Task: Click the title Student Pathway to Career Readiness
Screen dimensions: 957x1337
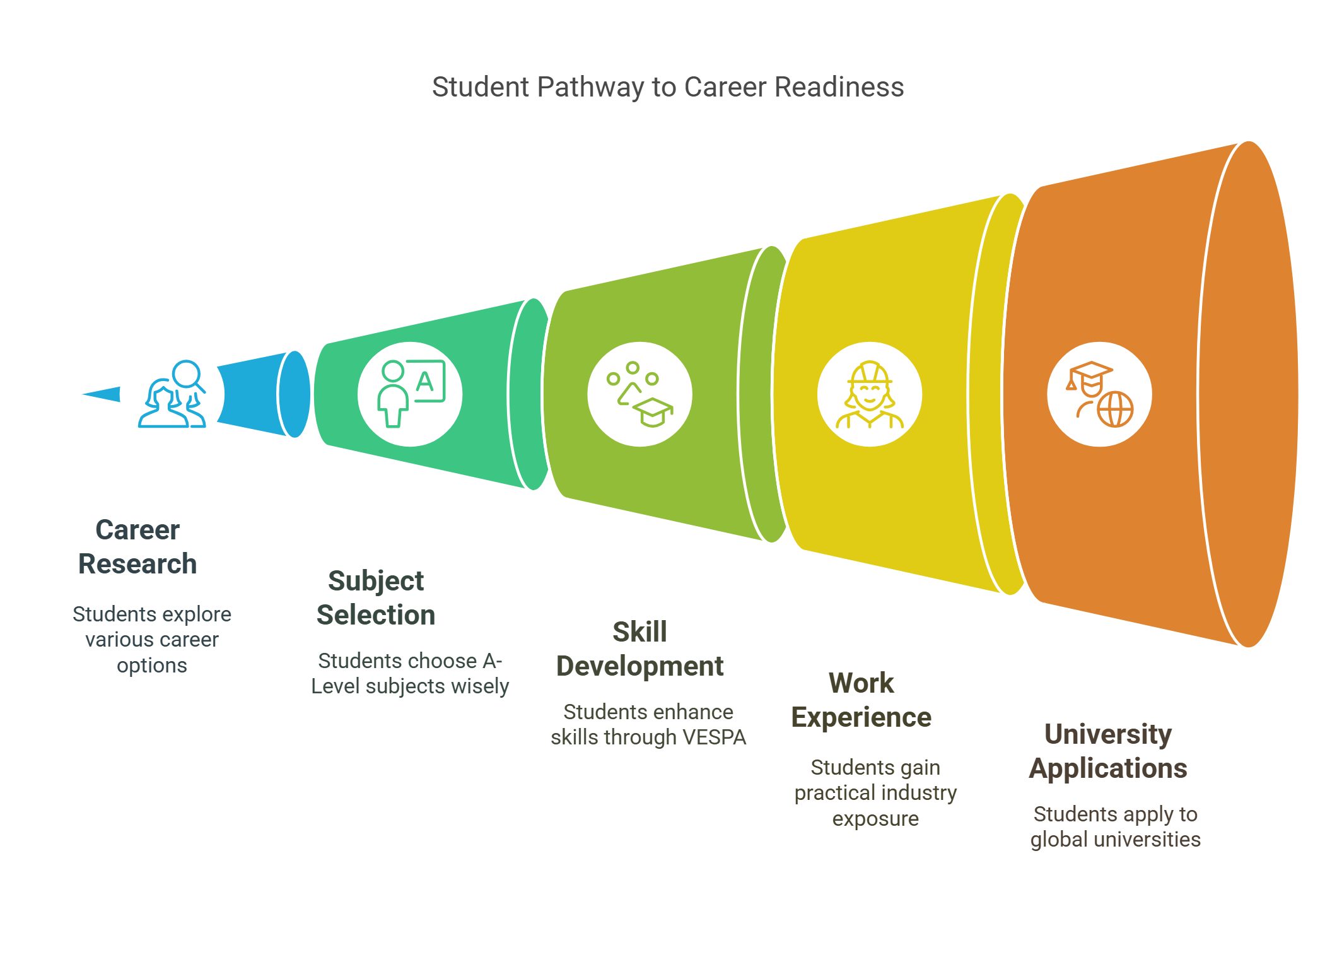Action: point(667,87)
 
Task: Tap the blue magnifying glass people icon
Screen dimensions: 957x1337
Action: point(172,394)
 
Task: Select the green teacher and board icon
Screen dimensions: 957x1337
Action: point(410,394)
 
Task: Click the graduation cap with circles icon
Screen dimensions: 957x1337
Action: point(639,394)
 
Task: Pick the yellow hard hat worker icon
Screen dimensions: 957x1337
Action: point(869,394)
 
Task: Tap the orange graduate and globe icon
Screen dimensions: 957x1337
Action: point(1099,394)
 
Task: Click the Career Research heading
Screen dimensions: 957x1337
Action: point(137,547)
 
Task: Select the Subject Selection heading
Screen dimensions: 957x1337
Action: point(376,598)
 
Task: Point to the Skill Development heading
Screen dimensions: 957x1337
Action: point(639,649)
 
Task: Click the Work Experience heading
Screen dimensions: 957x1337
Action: point(861,700)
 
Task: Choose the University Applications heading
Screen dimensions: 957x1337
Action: point(1108,751)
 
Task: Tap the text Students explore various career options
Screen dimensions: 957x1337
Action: point(152,640)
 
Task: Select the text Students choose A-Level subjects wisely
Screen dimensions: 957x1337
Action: point(410,674)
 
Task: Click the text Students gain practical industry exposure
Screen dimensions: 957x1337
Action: point(875,793)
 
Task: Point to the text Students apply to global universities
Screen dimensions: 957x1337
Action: point(1115,827)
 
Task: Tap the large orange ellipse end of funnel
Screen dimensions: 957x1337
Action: point(1249,394)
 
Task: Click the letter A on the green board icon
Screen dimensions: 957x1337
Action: point(425,382)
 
